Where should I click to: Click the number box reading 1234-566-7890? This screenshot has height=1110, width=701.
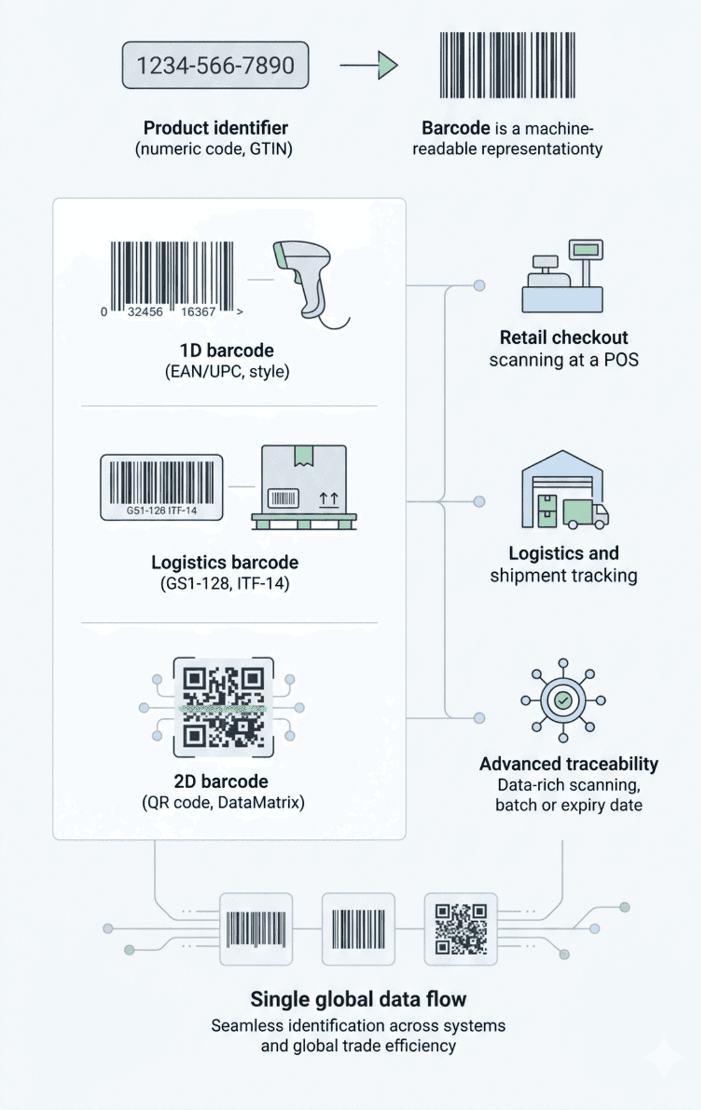click(215, 65)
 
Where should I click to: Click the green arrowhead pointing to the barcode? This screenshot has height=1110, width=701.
click(387, 65)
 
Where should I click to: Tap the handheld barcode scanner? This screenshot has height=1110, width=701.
click(304, 278)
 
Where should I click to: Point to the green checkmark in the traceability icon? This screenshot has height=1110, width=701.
click(563, 700)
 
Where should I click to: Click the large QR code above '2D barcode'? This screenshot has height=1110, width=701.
click(223, 707)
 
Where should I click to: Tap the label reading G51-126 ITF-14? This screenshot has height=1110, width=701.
click(162, 511)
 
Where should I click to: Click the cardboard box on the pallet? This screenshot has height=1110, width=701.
click(303, 479)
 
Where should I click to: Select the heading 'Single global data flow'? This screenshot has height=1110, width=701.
click(358, 999)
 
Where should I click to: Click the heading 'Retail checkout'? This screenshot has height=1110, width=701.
click(563, 337)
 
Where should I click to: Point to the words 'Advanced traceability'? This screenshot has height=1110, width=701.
click(569, 764)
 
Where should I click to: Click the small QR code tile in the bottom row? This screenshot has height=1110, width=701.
click(460, 929)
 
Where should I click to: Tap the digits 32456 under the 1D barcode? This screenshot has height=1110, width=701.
click(145, 312)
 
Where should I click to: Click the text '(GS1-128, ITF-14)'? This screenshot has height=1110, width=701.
click(225, 583)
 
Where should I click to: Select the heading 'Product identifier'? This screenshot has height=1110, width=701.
click(215, 128)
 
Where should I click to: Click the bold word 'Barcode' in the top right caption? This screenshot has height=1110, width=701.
click(456, 128)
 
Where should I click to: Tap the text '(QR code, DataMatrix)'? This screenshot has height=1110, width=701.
click(223, 802)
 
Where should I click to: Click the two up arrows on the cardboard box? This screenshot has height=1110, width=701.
click(329, 499)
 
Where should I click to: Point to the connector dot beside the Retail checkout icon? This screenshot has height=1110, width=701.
click(479, 285)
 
